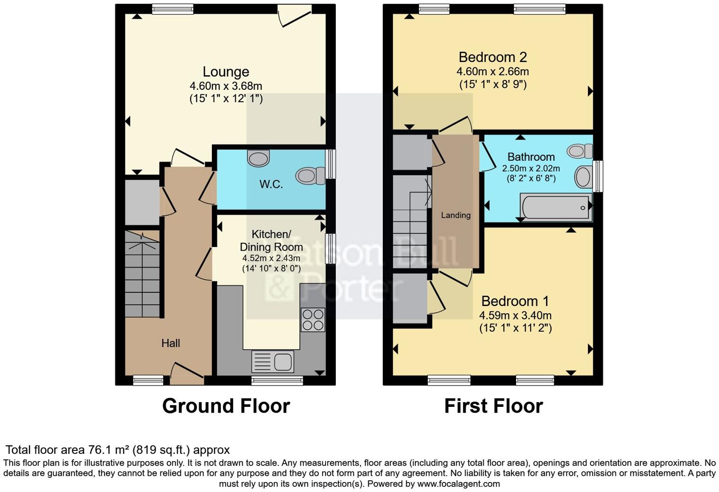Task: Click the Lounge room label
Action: point(226,72)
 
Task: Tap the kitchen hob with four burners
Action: point(313,319)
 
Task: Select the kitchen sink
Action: point(273,361)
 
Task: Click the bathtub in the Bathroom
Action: point(556,207)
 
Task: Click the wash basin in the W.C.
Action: point(258,158)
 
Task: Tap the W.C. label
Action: point(271,184)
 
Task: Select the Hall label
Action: point(170,343)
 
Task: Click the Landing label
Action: point(456,215)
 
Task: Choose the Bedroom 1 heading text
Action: point(515,301)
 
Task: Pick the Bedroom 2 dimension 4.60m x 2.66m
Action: point(492,72)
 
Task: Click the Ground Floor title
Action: point(226,406)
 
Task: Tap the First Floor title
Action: point(493,406)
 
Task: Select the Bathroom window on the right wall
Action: point(598,176)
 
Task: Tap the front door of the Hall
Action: point(187,372)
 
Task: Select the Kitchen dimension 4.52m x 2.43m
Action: point(271,258)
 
